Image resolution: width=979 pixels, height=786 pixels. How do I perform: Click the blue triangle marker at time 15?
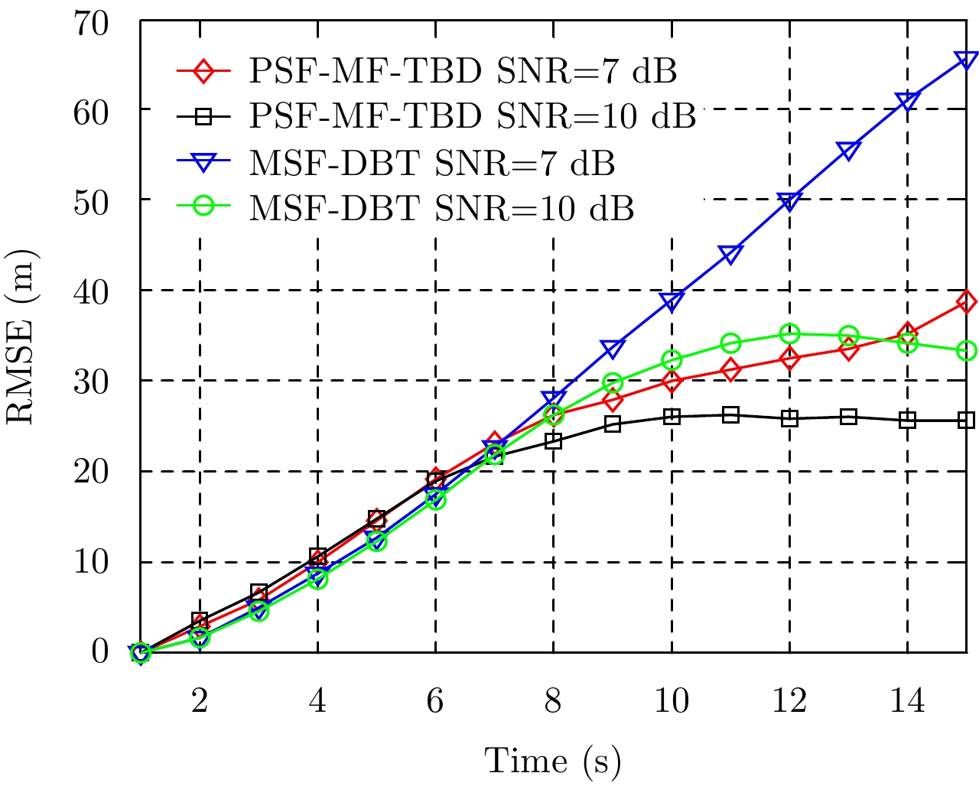(x=966, y=60)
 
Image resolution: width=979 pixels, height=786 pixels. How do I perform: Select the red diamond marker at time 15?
(x=966, y=301)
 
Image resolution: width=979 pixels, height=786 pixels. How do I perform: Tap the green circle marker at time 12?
(x=789, y=334)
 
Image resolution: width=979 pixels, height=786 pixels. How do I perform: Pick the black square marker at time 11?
(x=730, y=415)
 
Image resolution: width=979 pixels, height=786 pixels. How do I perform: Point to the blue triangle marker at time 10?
(x=672, y=301)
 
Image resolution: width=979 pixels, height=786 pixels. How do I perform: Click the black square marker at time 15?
(x=966, y=420)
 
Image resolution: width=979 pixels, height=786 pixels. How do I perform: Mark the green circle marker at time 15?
(x=966, y=351)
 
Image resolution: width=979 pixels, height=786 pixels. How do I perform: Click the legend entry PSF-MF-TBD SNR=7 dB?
(x=462, y=71)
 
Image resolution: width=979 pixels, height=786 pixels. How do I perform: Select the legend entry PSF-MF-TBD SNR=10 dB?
(x=472, y=116)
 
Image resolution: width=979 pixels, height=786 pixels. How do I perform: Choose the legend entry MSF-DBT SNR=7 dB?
(x=432, y=162)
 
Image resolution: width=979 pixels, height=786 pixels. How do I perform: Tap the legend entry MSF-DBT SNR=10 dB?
(x=441, y=208)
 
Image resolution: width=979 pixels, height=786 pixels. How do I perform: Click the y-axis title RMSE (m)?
(x=22, y=337)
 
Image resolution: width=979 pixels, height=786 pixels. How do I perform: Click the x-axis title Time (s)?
(x=552, y=761)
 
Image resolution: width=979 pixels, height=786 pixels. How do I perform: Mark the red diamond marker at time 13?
(x=848, y=349)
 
